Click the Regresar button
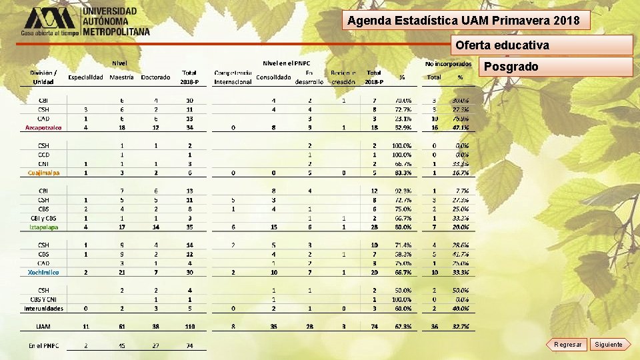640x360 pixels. click(567, 344)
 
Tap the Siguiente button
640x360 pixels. click(608, 344)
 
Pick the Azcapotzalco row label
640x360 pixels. click(43, 127)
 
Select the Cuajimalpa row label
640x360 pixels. click(43, 173)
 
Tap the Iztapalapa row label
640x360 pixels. click(43, 227)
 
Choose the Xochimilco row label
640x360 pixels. click(43, 272)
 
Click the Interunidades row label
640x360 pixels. click(43, 309)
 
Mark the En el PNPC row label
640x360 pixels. click(43, 345)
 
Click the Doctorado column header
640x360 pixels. click(155, 77)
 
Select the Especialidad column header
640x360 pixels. click(86, 77)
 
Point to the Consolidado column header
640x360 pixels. click(273, 77)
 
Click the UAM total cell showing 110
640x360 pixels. click(189, 327)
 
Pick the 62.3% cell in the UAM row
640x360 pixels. click(402, 327)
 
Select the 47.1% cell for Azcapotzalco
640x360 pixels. click(460, 127)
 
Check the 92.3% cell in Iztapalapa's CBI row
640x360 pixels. click(402, 191)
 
